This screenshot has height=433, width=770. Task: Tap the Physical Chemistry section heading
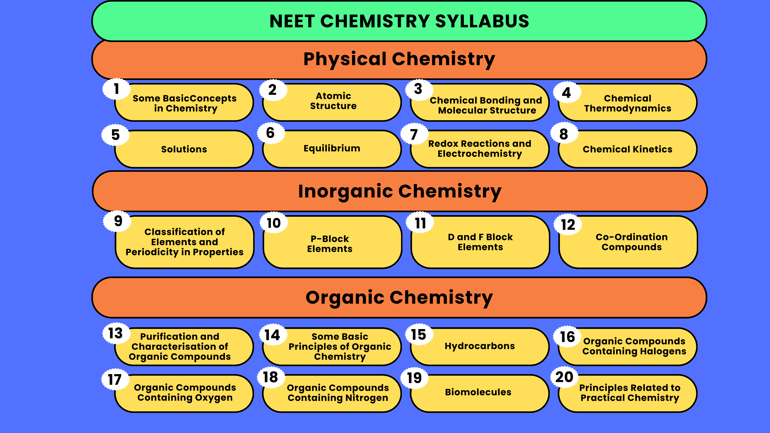(x=399, y=59)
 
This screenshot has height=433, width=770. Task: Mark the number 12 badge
(x=568, y=225)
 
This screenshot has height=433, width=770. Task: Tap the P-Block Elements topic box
(x=332, y=242)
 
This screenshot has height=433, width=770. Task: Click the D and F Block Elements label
(x=480, y=242)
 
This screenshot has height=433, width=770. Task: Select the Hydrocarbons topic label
(x=480, y=346)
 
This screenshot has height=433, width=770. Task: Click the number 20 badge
(x=564, y=377)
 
